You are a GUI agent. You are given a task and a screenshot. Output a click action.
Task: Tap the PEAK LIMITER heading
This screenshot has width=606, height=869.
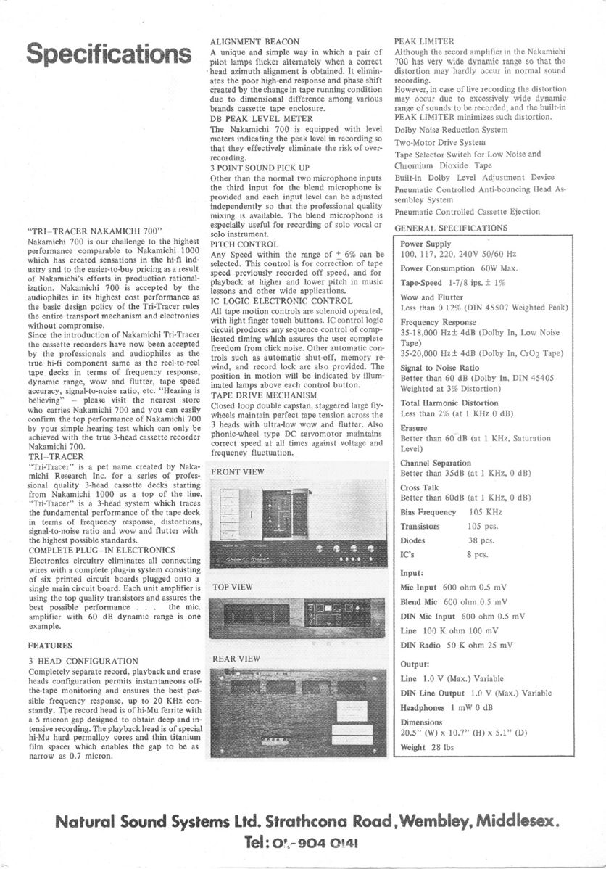424,42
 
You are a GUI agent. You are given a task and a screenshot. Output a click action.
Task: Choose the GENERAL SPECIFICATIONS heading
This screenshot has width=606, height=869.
452,228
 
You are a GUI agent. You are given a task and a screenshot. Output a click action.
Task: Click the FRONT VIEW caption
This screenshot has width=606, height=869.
238,472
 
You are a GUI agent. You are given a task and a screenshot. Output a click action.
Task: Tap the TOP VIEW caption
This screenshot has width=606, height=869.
232,587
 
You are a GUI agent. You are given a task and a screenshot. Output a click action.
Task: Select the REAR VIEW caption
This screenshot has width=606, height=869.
235,659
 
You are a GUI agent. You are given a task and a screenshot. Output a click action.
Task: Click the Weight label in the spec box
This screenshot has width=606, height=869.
412,748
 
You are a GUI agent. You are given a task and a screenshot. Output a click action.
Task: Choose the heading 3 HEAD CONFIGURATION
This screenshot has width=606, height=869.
83,661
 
